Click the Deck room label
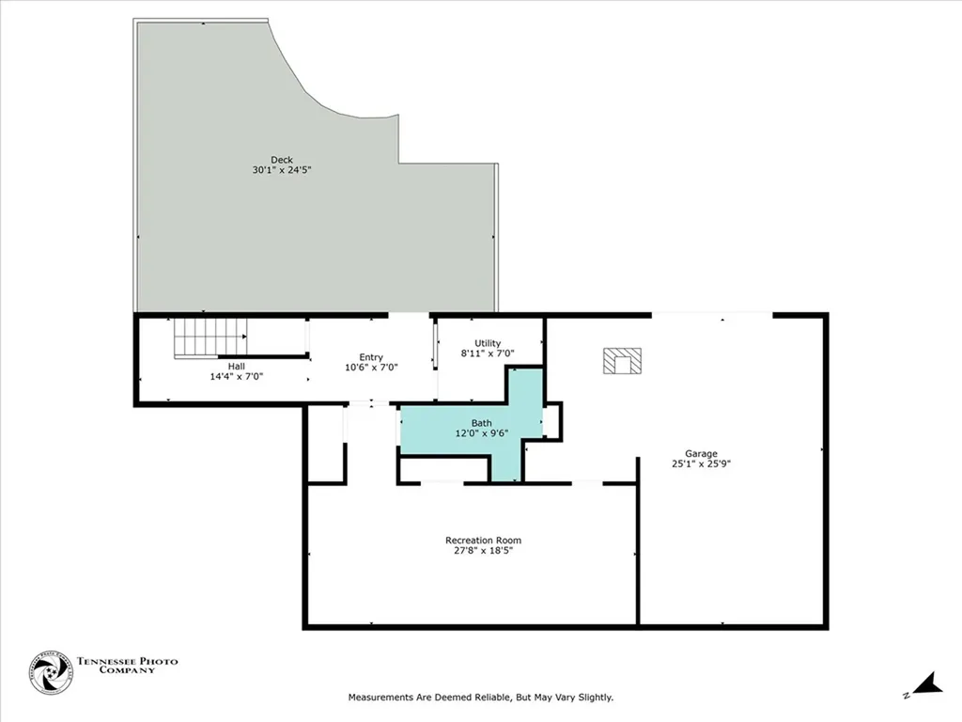click(282, 159)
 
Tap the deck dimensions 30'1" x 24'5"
click(282, 170)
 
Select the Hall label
click(237, 365)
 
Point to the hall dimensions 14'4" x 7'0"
click(237, 376)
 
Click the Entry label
click(370, 356)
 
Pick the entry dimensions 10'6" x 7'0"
click(370, 368)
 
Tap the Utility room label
click(488, 343)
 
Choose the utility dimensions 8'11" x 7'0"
click(488, 354)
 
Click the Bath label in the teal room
click(482, 423)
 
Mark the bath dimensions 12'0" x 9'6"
click(482, 434)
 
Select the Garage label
click(701, 452)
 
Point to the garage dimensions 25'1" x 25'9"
click(701, 463)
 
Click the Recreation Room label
click(483, 540)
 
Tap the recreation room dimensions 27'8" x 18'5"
click(483, 551)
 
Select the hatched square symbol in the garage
click(622, 361)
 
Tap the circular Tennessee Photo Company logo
click(51, 672)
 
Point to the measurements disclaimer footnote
click(480, 698)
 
